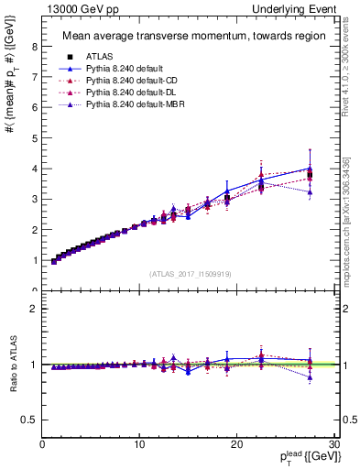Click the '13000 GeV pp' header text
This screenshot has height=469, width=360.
77,8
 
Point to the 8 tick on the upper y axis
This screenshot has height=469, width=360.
34,47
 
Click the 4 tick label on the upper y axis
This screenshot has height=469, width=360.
34,169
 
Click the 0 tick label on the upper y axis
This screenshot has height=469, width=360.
34,290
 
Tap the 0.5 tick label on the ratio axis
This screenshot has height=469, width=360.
30,420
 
